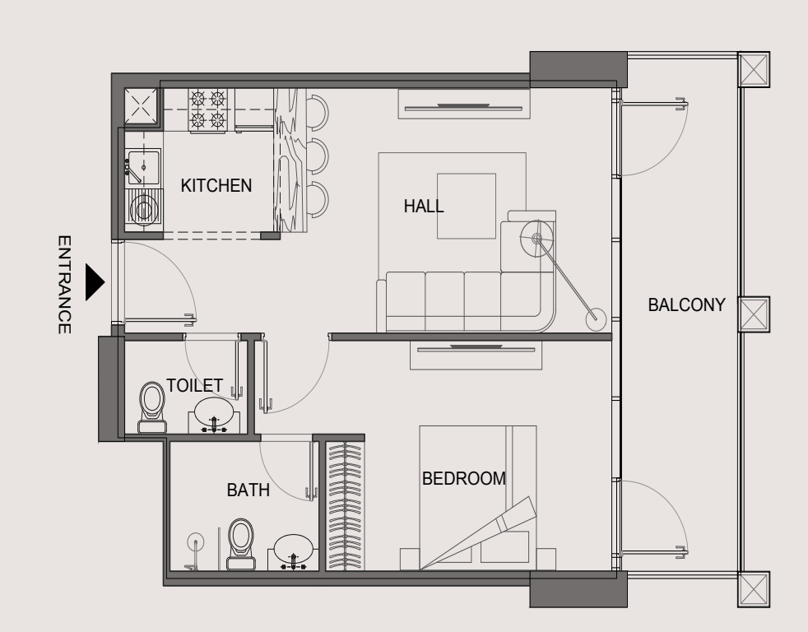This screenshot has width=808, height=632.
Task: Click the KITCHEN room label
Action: coord(216,186)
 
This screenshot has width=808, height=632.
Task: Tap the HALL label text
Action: coord(424,207)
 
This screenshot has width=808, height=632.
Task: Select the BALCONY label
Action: coord(686,304)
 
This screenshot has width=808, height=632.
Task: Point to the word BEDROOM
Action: coord(464,478)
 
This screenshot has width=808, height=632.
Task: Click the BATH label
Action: coord(248,490)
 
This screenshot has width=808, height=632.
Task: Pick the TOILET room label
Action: coord(194,386)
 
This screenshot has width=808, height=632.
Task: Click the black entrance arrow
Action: coord(95,282)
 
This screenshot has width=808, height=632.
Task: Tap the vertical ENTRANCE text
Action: coord(64,285)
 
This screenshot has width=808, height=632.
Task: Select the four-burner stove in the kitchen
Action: coord(208,111)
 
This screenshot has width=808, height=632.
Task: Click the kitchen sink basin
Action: coord(144,167)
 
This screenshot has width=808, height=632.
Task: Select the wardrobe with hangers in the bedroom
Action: coord(345,506)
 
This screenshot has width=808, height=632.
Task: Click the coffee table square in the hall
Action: coord(467,207)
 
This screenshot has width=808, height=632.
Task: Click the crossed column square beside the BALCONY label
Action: coord(754,314)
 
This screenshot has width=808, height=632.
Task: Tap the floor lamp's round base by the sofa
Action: coord(596,319)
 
